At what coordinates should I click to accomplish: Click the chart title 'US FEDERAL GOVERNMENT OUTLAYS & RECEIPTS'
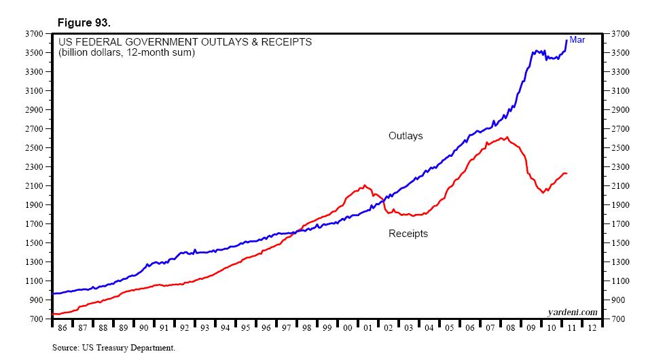(x=185, y=42)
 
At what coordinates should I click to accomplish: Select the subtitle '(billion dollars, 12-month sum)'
(x=126, y=52)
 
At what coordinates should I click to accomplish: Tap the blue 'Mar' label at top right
(x=577, y=40)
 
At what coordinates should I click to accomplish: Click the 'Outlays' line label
(x=406, y=136)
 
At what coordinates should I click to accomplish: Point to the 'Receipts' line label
(x=408, y=234)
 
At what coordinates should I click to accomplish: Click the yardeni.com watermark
(x=573, y=312)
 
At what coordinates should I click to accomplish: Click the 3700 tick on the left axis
(x=34, y=33)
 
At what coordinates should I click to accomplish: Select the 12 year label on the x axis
(x=592, y=327)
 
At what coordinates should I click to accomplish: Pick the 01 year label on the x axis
(x=367, y=327)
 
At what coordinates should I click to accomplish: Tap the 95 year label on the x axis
(x=245, y=327)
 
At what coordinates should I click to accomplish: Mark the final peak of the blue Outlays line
(x=567, y=41)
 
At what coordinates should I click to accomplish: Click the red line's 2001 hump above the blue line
(x=365, y=185)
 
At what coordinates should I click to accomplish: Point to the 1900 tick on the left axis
(x=34, y=204)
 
